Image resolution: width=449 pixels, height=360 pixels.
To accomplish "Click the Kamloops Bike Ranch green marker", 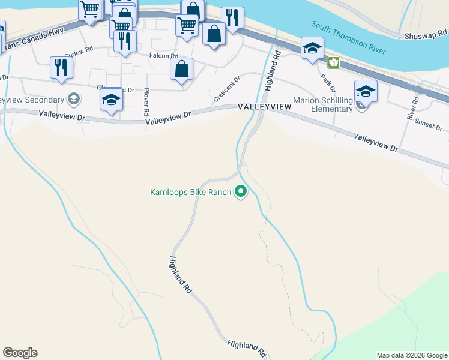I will (x=241, y=192).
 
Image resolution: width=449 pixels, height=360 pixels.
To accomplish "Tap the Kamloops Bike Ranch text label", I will (x=190, y=193).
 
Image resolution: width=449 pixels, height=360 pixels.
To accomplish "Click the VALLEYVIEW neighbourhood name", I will (x=264, y=106).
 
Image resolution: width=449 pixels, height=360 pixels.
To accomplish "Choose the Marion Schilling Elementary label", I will (x=322, y=104).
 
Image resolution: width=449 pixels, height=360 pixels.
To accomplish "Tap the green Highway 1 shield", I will (x=333, y=62).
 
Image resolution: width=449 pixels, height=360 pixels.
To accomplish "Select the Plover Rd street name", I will (x=146, y=103).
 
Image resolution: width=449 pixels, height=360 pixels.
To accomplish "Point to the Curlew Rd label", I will (x=79, y=52).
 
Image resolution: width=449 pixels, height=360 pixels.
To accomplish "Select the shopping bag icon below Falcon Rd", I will (x=182, y=69).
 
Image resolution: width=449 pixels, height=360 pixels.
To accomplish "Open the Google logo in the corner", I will (x=20, y=353).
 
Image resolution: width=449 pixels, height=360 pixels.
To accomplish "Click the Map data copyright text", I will (x=412, y=355).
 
